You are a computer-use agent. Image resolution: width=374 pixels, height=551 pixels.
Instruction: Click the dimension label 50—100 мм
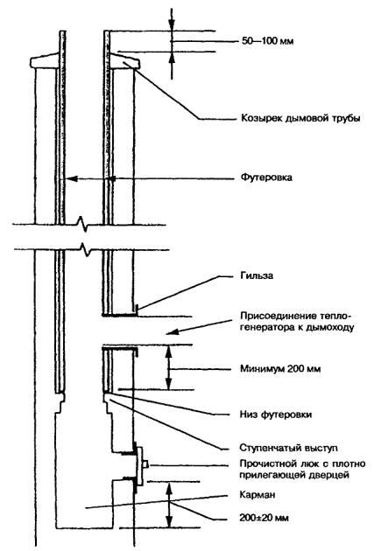pyautogui.click(x=267, y=41)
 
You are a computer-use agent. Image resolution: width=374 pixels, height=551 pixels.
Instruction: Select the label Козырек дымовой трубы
pyautogui.click(x=300, y=118)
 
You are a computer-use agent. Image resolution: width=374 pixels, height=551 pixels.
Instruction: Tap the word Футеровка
pyautogui.click(x=266, y=177)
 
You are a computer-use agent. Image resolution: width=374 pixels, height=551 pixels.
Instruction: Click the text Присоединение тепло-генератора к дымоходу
pyautogui.click(x=297, y=321)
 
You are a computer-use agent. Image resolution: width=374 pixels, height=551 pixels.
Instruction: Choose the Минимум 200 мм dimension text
pyautogui.click(x=280, y=369)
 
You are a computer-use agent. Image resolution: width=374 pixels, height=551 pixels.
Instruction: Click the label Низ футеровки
pyautogui.click(x=276, y=415)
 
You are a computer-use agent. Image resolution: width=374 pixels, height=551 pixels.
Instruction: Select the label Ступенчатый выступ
pyautogui.click(x=288, y=448)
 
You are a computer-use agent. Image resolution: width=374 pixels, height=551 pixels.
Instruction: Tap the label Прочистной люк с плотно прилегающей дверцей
pyautogui.click(x=302, y=470)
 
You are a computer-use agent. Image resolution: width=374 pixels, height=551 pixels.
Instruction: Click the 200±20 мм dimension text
pyautogui.click(x=265, y=518)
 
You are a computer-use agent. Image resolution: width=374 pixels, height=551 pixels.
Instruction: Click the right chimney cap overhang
pyautogui.click(x=126, y=61)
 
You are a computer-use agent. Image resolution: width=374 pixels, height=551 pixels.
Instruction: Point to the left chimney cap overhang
pyautogui.click(x=43, y=60)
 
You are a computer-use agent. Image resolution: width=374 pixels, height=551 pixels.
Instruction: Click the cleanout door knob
pyautogui.click(x=146, y=464)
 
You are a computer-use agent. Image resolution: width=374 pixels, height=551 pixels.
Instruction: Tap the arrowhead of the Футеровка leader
pyautogui.click(x=72, y=178)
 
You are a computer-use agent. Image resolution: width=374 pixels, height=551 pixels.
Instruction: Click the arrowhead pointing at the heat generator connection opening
pyautogui.click(x=172, y=332)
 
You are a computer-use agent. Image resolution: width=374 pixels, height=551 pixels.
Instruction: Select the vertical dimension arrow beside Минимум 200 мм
pyautogui.click(x=169, y=367)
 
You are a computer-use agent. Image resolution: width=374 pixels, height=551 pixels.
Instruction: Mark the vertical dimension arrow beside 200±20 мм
pyautogui.click(x=170, y=505)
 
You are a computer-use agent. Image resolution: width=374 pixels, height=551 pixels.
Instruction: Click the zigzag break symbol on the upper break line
pyautogui.click(x=83, y=224)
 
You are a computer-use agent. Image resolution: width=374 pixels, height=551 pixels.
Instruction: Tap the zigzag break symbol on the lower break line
pyautogui.click(x=86, y=250)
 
